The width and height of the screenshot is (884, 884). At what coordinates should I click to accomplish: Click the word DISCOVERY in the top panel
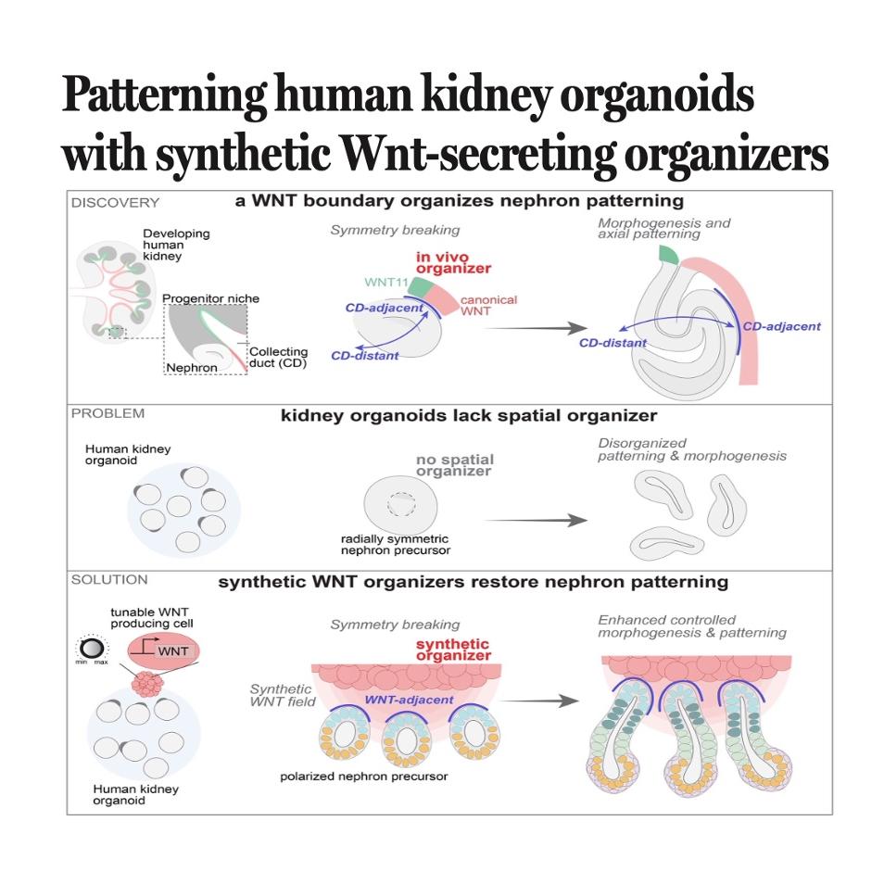115,202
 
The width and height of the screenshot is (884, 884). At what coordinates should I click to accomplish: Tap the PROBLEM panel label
107,413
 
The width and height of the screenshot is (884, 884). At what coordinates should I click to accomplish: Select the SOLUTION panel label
109,579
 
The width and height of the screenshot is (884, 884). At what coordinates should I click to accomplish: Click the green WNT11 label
386,282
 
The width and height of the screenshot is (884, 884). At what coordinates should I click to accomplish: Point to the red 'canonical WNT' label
488,305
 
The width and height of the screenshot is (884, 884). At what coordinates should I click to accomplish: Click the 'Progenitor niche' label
211,298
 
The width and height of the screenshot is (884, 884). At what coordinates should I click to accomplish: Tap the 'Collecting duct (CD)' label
279,358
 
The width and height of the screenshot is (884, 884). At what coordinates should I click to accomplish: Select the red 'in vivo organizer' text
453,262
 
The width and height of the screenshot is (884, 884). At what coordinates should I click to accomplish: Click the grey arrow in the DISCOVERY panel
536,328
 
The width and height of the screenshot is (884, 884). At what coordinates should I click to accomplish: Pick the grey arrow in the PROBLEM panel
536,520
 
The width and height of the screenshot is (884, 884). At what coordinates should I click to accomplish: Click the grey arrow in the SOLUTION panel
539,701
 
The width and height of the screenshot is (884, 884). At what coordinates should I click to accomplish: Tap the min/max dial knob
92,648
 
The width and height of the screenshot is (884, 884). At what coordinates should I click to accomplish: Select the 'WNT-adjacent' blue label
409,700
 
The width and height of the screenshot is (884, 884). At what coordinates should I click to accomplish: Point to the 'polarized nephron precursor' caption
363,777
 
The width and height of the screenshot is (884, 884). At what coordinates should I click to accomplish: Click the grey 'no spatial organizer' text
454,465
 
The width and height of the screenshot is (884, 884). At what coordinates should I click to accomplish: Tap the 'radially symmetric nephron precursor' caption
396,545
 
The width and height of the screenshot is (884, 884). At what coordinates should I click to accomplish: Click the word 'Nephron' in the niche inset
192,368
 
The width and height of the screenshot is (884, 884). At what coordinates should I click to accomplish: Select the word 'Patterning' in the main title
164,95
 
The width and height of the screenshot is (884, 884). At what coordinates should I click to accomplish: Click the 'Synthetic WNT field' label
283,695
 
